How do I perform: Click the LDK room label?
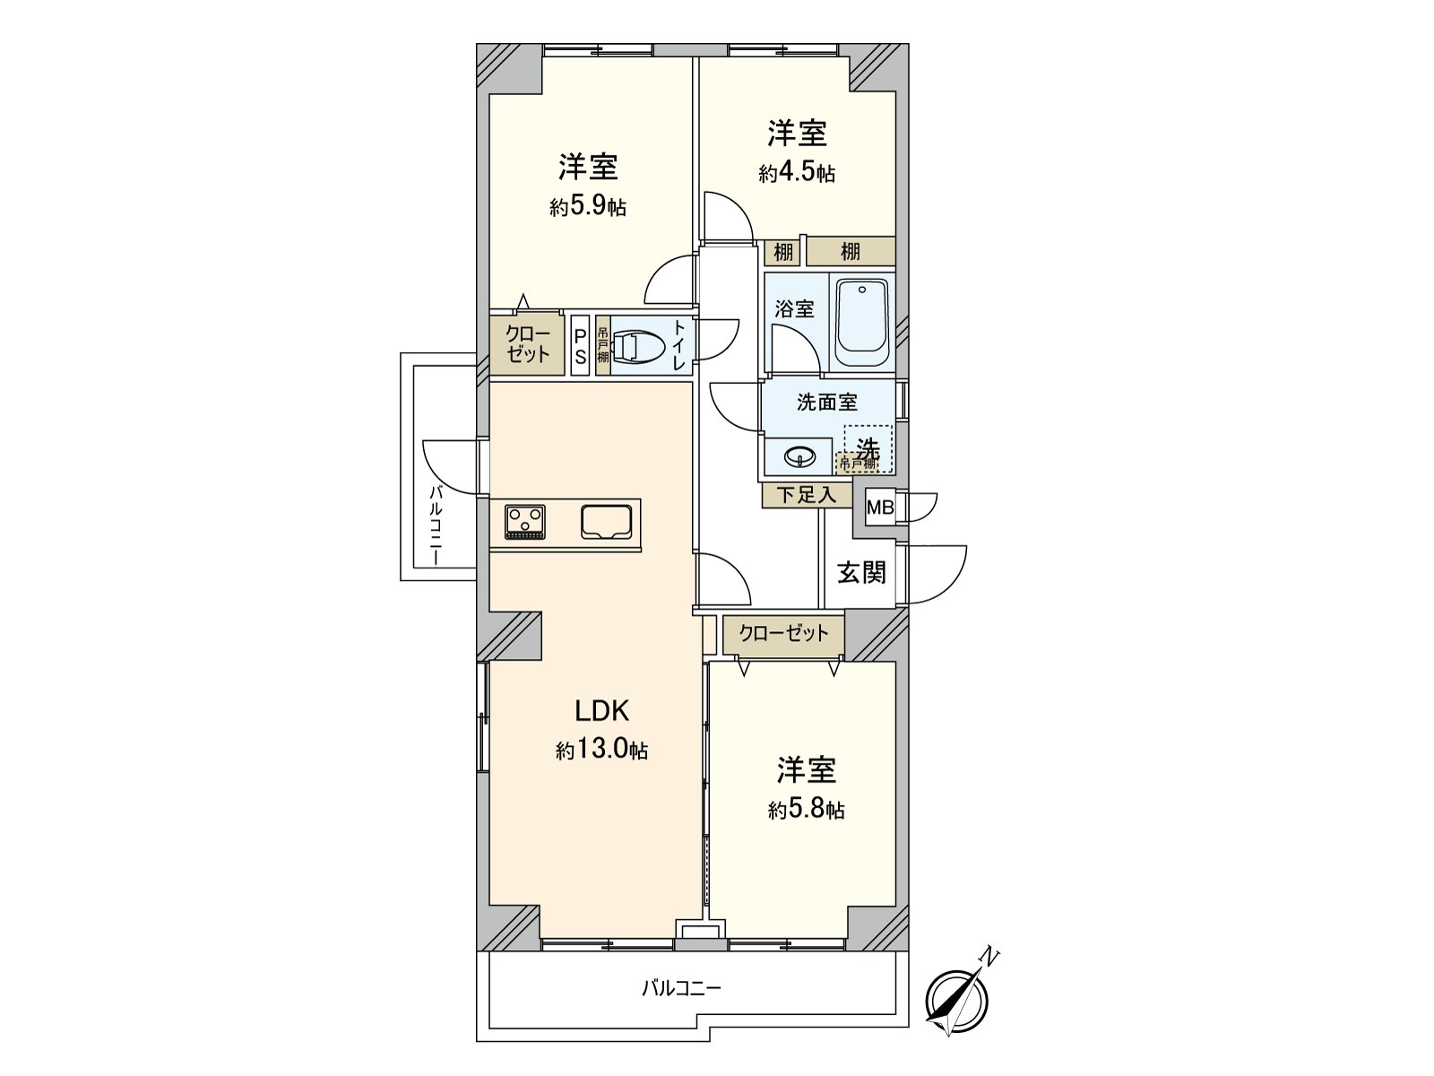click(x=602, y=711)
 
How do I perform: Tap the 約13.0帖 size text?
click(x=601, y=751)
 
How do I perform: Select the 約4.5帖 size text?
click(x=797, y=173)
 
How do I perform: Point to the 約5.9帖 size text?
click(x=588, y=207)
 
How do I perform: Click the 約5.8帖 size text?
click(x=806, y=810)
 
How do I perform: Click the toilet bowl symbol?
click(x=637, y=347)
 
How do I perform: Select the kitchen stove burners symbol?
click(x=525, y=522)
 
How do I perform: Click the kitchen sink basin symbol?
click(x=607, y=522)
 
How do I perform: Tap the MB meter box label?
click(x=879, y=508)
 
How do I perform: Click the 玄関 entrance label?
click(x=861, y=572)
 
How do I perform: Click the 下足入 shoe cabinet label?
click(x=806, y=495)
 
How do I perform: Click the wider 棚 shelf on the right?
click(x=850, y=252)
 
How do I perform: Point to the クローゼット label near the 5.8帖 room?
click(x=783, y=633)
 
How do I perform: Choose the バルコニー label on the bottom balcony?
click(x=680, y=989)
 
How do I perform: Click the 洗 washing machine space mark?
click(x=867, y=446)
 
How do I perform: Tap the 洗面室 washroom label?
click(x=826, y=403)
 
